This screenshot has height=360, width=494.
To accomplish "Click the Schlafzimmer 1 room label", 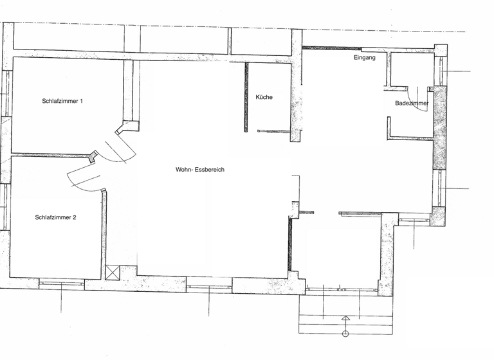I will click(63, 101).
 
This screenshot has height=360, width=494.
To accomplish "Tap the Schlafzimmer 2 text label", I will click(56, 217).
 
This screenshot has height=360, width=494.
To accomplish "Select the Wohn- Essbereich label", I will click(200, 170).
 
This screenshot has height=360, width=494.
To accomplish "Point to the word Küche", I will click(264, 97).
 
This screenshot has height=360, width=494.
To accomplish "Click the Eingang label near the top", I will click(365, 58).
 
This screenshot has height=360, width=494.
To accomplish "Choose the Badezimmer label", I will click(412, 103).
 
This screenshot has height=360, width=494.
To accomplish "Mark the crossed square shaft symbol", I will click(113, 273).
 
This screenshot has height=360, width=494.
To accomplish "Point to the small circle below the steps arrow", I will click(345, 334).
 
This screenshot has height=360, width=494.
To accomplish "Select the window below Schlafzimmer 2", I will click(62, 282).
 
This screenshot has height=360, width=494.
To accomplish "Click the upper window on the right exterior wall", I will click(441, 71).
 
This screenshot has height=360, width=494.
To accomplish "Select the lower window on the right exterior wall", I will click(441, 188).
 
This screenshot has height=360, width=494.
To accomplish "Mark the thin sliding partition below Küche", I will click(273, 131).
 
